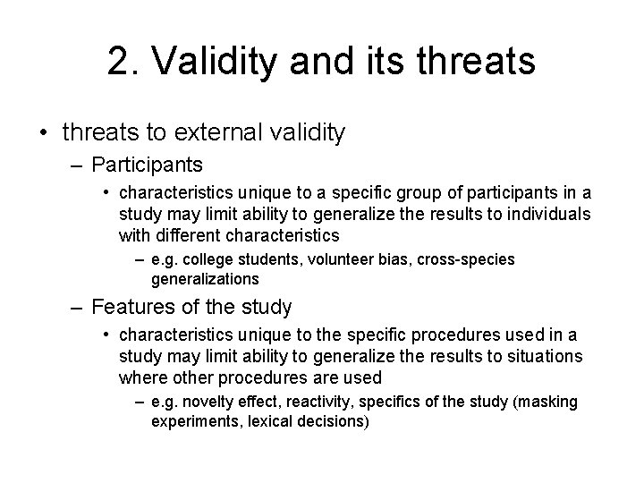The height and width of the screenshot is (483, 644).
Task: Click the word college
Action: coord(213,259)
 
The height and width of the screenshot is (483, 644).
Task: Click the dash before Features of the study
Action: coord(79,308)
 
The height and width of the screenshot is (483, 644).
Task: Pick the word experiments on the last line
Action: coord(194,420)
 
